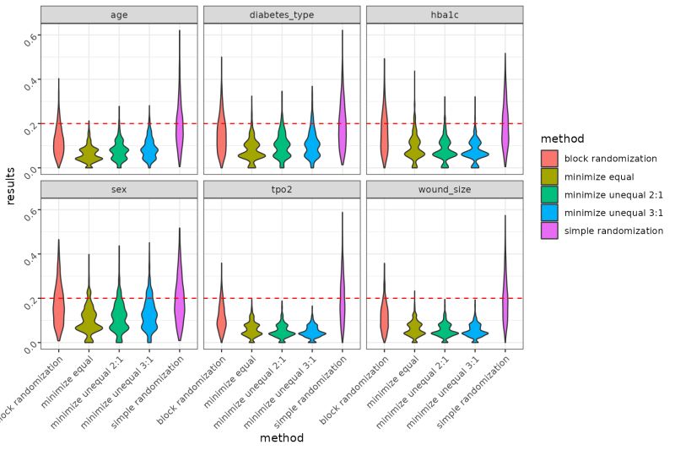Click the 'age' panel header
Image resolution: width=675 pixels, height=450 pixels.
[119, 14]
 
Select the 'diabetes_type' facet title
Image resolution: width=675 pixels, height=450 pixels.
[282, 14]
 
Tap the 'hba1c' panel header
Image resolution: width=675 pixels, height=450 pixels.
[445, 14]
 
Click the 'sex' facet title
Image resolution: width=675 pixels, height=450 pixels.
[119, 189]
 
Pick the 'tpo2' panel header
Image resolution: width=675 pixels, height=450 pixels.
[282, 189]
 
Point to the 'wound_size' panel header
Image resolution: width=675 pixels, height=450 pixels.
[445, 189]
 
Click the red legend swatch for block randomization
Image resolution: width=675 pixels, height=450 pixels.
[550, 158]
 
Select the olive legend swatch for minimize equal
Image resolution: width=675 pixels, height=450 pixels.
[550, 176]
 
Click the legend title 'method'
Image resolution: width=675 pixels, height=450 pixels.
[562, 138]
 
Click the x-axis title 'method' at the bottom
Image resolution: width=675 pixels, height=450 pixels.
[282, 438]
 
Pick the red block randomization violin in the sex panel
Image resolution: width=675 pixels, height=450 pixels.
[58, 304]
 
